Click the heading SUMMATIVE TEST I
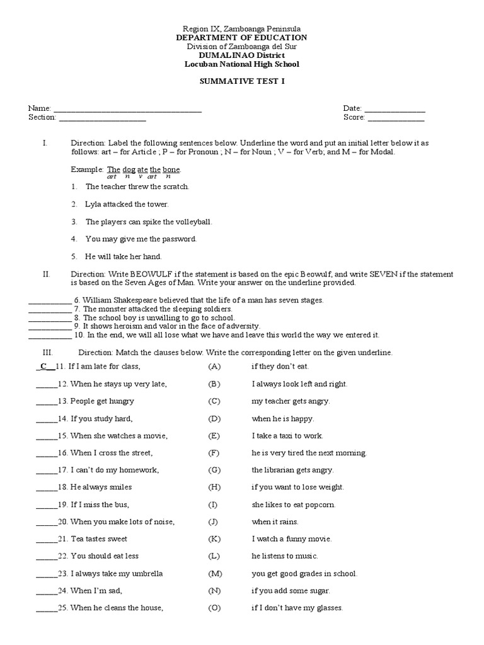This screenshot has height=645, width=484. tap(241, 81)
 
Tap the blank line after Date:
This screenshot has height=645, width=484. tap(395, 110)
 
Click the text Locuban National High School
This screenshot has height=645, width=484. tap(241, 64)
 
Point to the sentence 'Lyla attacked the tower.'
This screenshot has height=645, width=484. tap(127, 204)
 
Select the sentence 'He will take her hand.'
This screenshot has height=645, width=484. tap(124, 256)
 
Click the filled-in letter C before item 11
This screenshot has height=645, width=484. tap(43, 366)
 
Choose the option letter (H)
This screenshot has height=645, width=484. tap(215, 487)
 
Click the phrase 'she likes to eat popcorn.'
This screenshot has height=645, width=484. tap(293, 505)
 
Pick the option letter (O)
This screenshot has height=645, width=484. tap(215, 608)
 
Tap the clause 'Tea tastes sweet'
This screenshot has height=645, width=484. tap(99, 539)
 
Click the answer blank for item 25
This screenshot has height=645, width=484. tap(46, 609)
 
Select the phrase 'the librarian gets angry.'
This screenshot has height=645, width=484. tap(292, 470)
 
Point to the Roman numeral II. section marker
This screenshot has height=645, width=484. tap(46, 274)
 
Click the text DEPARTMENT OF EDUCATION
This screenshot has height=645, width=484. tap(241, 38)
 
